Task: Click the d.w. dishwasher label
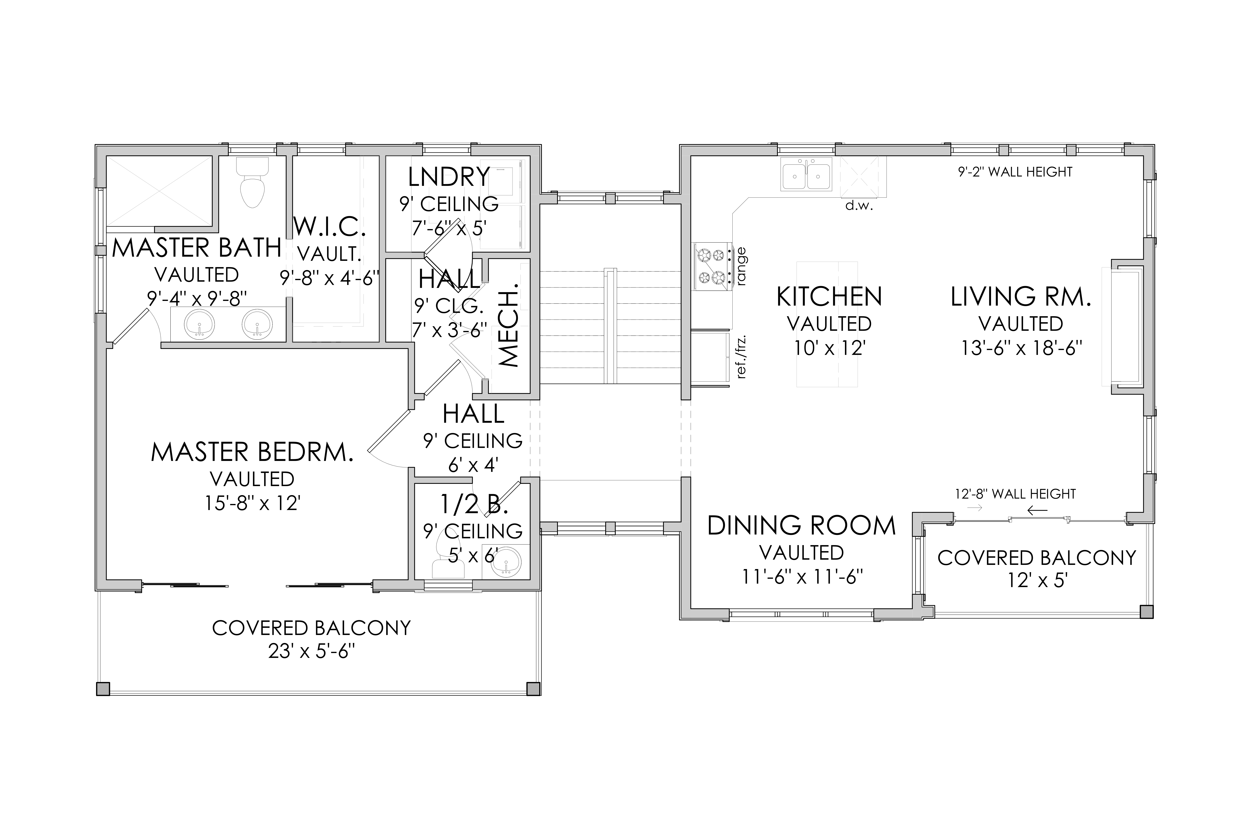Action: [x=859, y=206]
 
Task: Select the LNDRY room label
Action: [x=449, y=177]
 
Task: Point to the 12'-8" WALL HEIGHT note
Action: [x=1015, y=494]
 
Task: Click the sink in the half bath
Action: [x=506, y=561]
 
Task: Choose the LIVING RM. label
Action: [x=1021, y=296]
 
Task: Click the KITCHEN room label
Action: [x=829, y=296]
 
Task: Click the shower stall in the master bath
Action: [x=159, y=191]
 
